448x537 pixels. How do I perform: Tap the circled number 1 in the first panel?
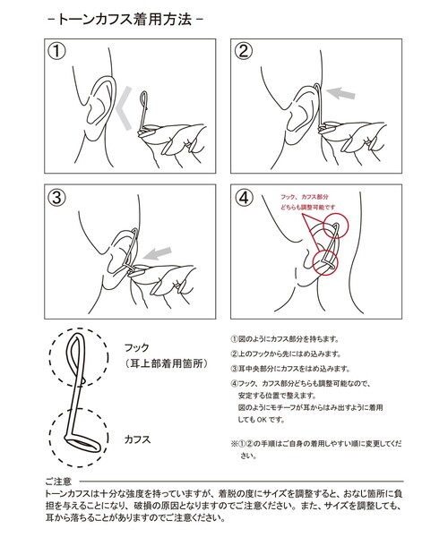58,52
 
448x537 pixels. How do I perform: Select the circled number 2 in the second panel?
246,52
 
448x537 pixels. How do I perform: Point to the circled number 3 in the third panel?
58,199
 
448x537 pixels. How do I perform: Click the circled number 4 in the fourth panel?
246,199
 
